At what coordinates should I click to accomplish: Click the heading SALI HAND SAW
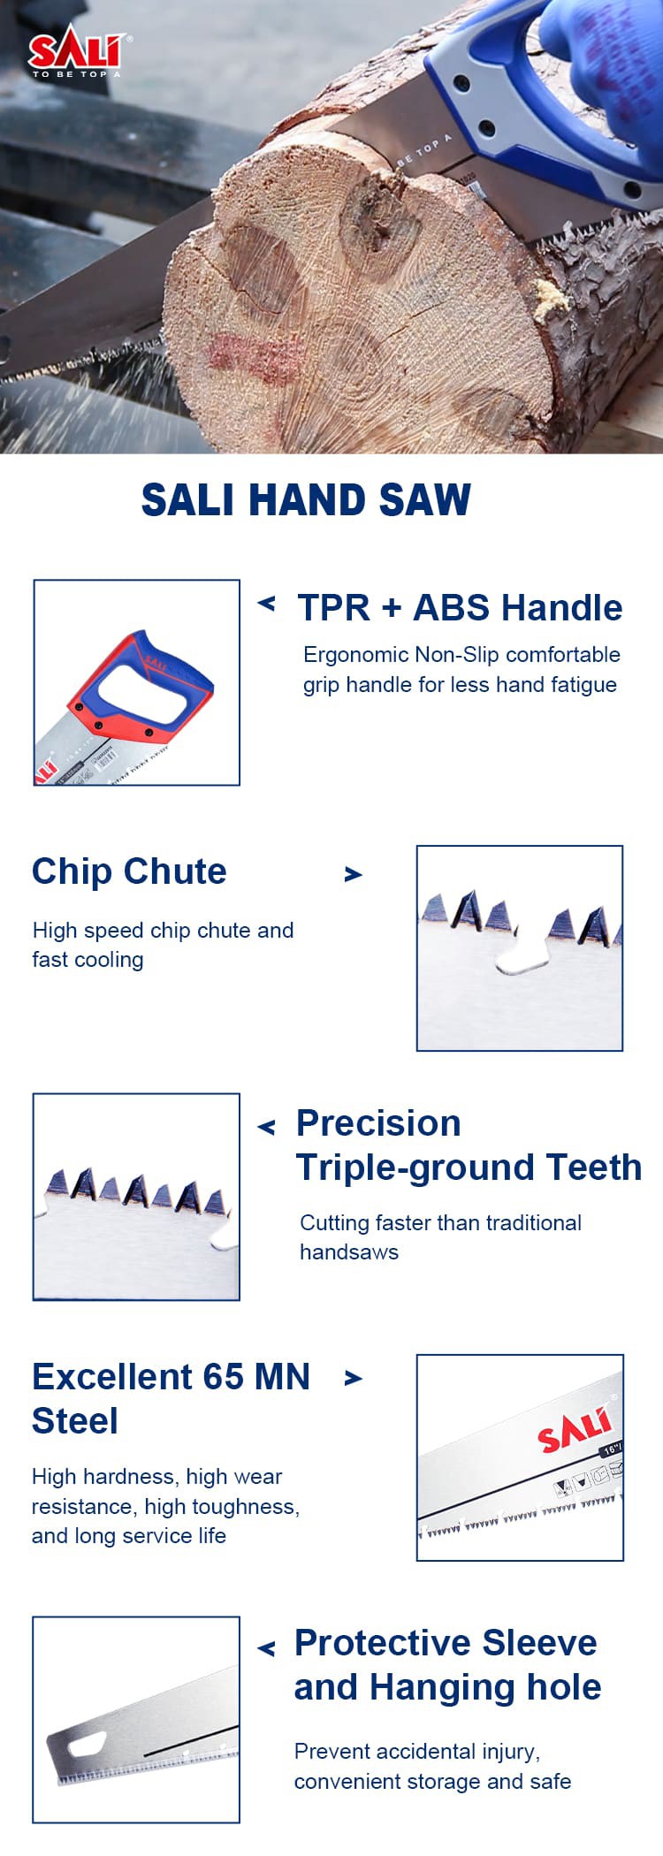(x=306, y=500)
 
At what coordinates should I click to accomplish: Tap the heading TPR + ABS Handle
(x=460, y=608)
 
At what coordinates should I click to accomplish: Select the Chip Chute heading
(x=129, y=872)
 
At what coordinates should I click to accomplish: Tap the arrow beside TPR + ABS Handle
(x=266, y=604)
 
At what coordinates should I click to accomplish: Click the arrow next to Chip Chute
(x=354, y=874)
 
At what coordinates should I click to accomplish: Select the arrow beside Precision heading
(x=266, y=1127)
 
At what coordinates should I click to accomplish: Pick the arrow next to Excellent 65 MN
(x=354, y=1378)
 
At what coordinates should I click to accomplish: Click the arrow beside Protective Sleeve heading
(x=266, y=1648)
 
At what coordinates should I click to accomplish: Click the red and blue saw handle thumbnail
(x=136, y=682)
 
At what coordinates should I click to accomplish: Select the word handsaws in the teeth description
(x=349, y=1252)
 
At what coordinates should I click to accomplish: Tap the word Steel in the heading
(x=75, y=1421)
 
